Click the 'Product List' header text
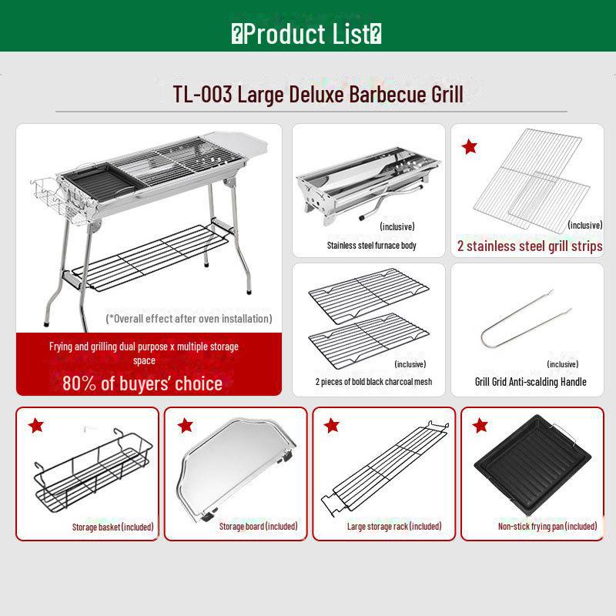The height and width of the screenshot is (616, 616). [x=306, y=34]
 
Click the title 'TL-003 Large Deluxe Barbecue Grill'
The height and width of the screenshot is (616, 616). [x=318, y=95]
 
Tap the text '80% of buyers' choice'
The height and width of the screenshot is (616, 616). [x=142, y=383]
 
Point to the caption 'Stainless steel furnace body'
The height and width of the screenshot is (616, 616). [x=371, y=246]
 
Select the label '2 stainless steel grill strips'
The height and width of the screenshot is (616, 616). [x=530, y=246]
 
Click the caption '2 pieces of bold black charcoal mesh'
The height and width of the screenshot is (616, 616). [x=373, y=381]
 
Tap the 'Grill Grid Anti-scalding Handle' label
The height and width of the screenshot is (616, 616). [x=531, y=382]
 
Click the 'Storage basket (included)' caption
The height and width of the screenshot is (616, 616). [x=112, y=527]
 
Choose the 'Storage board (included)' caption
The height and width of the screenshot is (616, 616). [x=258, y=527]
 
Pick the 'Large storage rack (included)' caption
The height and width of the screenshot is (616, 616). [x=394, y=527]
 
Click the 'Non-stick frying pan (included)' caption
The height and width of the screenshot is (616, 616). [x=547, y=527]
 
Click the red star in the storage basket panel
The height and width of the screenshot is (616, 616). [x=35, y=425]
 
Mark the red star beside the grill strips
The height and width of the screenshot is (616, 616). [x=469, y=146]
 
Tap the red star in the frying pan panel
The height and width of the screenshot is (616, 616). [x=480, y=425]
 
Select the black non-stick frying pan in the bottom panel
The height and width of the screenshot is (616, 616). [x=532, y=466]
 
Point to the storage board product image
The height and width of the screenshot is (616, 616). [x=235, y=470]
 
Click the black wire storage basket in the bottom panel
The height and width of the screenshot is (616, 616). [x=92, y=471]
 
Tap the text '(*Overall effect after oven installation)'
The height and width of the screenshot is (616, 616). [x=189, y=319]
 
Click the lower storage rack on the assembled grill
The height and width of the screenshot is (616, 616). [x=149, y=257]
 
